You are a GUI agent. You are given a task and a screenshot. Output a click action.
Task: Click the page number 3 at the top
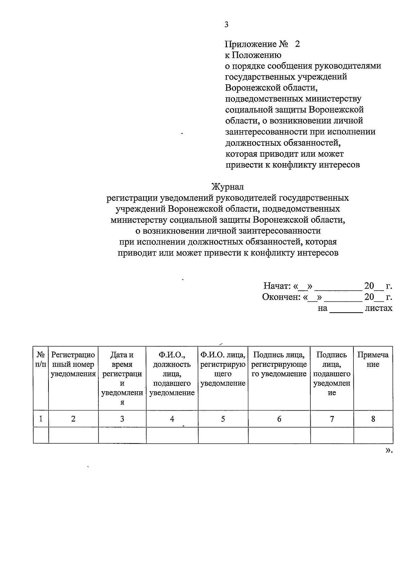pyautogui.click(x=226, y=24)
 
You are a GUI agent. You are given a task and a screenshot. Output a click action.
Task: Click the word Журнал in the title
pyautogui.click(x=227, y=186)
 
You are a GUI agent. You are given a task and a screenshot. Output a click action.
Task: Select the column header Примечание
pyautogui.click(x=373, y=360)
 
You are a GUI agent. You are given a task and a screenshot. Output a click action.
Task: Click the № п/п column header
pyautogui.click(x=41, y=360)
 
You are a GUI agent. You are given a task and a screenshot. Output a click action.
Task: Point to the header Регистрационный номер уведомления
pyautogui.click(x=73, y=364)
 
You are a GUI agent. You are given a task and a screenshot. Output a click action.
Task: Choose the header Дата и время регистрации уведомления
pyautogui.click(x=122, y=378)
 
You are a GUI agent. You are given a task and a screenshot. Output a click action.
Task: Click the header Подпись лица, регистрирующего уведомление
pyautogui.click(x=279, y=364)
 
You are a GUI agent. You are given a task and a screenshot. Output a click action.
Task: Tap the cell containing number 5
pyautogui.click(x=223, y=419)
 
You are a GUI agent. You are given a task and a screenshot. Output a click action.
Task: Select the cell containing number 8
pyautogui.click(x=373, y=419)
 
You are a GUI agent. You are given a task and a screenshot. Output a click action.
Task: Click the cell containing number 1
pyautogui.click(x=41, y=419)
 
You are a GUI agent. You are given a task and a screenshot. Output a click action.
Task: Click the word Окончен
pyautogui.click(x=281, y=297)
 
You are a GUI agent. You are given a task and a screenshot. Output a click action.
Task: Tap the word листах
pyautogui.click(x=379, y=308)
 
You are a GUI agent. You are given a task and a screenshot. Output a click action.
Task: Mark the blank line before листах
pyautogui.click(x=346, y=311)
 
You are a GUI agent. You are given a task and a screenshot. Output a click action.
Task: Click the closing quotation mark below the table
pyautogui.click(x=389, y=450)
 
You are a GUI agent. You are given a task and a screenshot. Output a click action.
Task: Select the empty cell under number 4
pyautogui.click(x=172, y=435)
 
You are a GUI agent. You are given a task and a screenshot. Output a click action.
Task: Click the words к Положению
pyautogui.click(x=253, y=55)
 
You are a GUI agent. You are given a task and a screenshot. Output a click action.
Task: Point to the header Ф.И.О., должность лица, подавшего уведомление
pyautogui.click(x=172, y=374)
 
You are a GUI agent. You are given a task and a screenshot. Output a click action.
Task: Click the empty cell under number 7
pyautogui.click(x=332, y=435)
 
